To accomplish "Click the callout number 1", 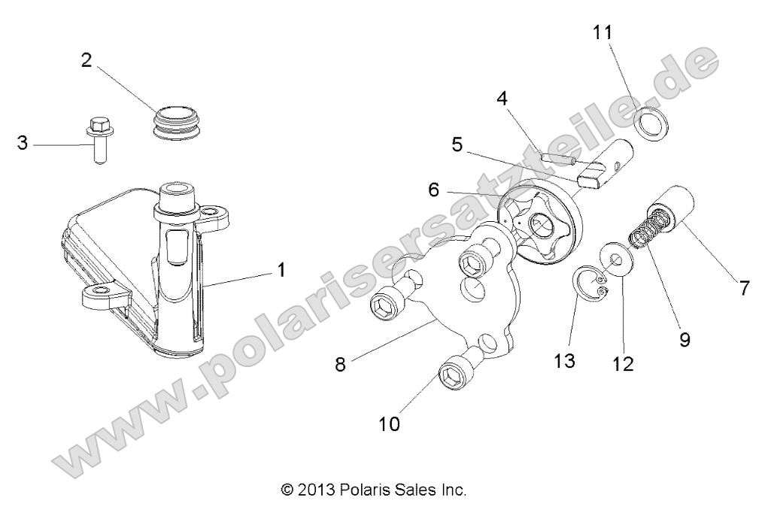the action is [x=281, y=270].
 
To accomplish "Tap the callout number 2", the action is [x=87, y=61].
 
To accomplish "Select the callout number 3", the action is [x=23, y=144].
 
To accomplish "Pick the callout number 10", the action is [x=390, y=423].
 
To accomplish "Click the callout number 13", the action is [x=564, y=362].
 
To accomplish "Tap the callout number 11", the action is [x=603, y=32].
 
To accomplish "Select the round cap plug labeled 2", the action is [x=175, y=123].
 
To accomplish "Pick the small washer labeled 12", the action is [x=617, y=259].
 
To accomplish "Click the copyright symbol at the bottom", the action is [x=287, y=490].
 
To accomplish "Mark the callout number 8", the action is [x=340, y=364].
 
